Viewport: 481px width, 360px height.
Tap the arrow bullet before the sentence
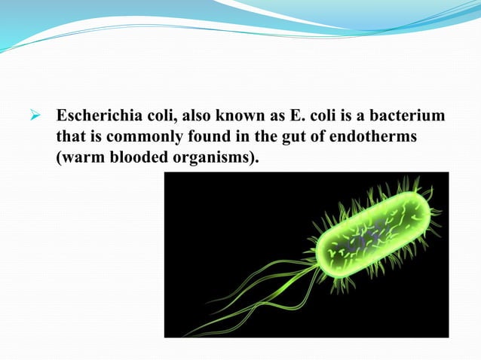pos(34,118)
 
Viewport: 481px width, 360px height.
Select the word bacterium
pos(409,118)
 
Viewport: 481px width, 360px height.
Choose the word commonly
pos(139,139)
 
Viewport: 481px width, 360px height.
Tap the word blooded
pos(134,159)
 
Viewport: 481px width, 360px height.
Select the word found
pos(198,139)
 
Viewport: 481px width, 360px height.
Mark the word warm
pos(82,159)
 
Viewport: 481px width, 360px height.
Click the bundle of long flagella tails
pos(249,301)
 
